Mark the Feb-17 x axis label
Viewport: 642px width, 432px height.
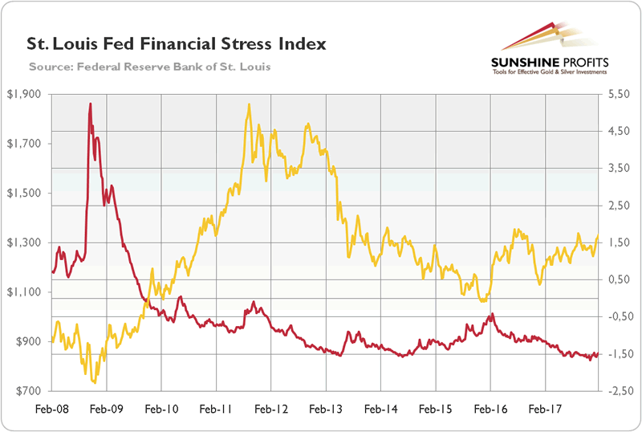coord(546,409)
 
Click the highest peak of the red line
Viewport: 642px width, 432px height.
coord(90,104)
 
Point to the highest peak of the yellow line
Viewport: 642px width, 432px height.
coord(250,104)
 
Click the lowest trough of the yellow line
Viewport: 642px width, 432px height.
coord(95,382)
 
